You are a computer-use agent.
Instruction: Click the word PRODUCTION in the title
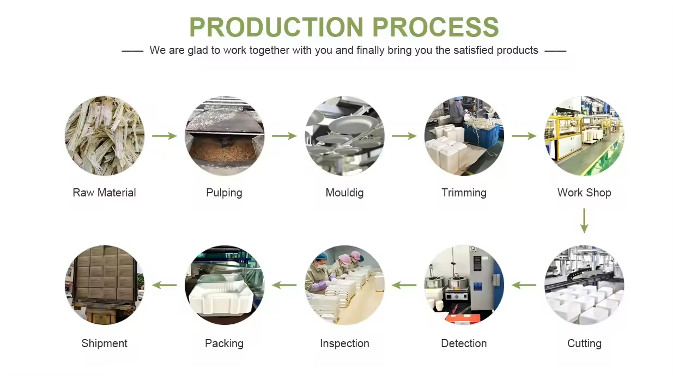click(276, 27)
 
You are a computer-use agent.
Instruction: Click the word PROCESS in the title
click(435, 27)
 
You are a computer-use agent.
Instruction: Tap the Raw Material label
click(104, 193)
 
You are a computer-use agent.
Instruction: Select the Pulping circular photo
click(225, 136)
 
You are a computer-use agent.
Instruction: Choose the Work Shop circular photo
click(584, 136)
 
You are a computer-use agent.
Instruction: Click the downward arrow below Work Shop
click(584, 221)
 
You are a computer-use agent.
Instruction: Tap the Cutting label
click(584, 343)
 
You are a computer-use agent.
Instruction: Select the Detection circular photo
click(464, 285)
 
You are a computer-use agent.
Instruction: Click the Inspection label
click(344, 343)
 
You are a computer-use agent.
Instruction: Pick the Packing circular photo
click(225, 285)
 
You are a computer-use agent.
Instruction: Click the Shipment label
click(104, 343)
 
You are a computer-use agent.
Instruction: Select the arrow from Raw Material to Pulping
click(165, 136)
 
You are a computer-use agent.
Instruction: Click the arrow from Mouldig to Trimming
click(404, 136)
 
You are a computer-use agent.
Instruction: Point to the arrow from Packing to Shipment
click(165, 285)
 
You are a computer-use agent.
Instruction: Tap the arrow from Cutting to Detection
click(524, 285)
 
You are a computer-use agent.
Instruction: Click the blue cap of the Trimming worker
click(458, 98)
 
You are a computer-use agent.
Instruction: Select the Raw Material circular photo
click(105, 136)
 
